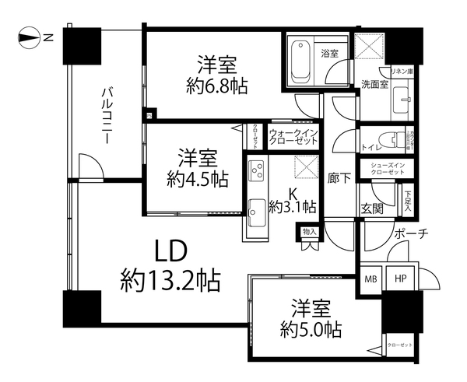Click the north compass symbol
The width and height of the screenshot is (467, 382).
click(x=30, y=37)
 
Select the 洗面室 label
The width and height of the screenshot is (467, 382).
click(x=374, y=85)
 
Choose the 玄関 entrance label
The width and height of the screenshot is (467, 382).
click(x=370, y=208)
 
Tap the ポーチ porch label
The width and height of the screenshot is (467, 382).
click(x=410, y=234)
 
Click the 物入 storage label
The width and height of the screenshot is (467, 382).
click(x=310, y=231)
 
